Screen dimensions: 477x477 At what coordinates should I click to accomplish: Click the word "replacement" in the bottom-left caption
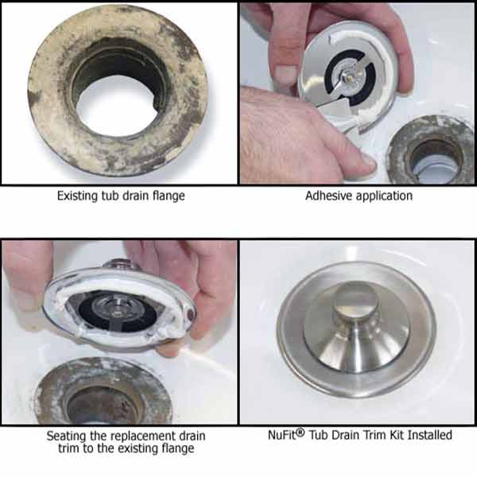(x=141, y=436)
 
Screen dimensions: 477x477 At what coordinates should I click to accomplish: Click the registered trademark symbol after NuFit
(x=300, y=432)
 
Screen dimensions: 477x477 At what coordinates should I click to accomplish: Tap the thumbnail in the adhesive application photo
(x=285, y=74)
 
